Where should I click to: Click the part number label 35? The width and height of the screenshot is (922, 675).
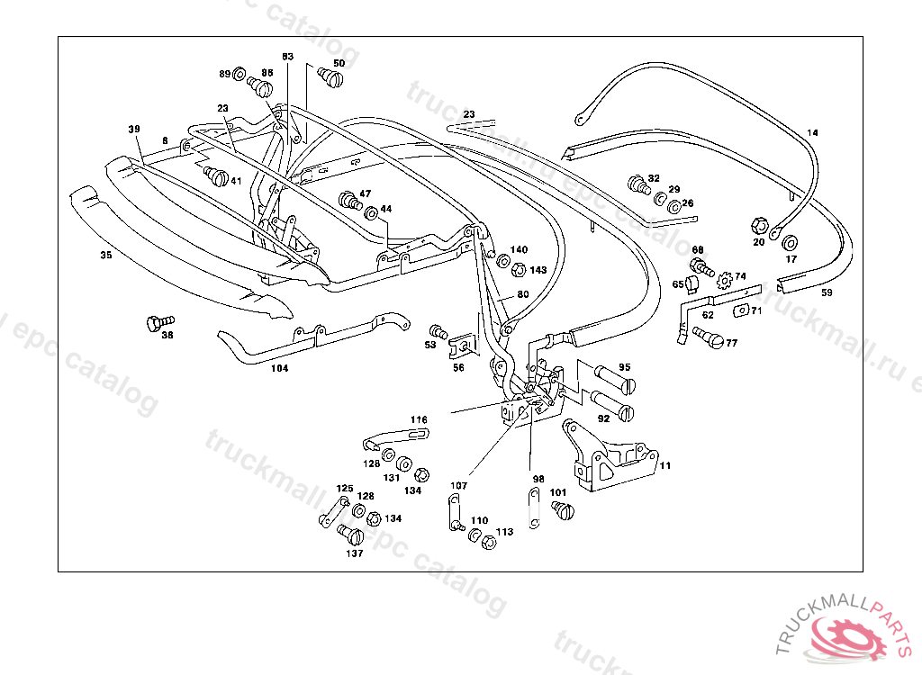coord(106,256)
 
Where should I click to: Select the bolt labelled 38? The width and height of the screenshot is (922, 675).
coord(158,321)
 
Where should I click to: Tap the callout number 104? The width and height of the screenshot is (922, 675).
coord(280,368)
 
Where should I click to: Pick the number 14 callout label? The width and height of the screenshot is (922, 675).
coord(812,133)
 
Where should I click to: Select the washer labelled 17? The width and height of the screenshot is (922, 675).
coord(791,243)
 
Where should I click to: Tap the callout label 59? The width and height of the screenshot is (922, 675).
coord(827,292)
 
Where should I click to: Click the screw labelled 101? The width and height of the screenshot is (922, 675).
coord(565,510)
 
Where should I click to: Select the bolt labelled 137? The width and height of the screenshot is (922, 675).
coord(351,535)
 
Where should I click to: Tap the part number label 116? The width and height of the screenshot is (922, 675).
coord(419,419)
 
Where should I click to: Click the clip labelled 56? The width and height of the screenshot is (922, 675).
coord(463,346)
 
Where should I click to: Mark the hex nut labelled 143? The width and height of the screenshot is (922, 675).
coord(518,270)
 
